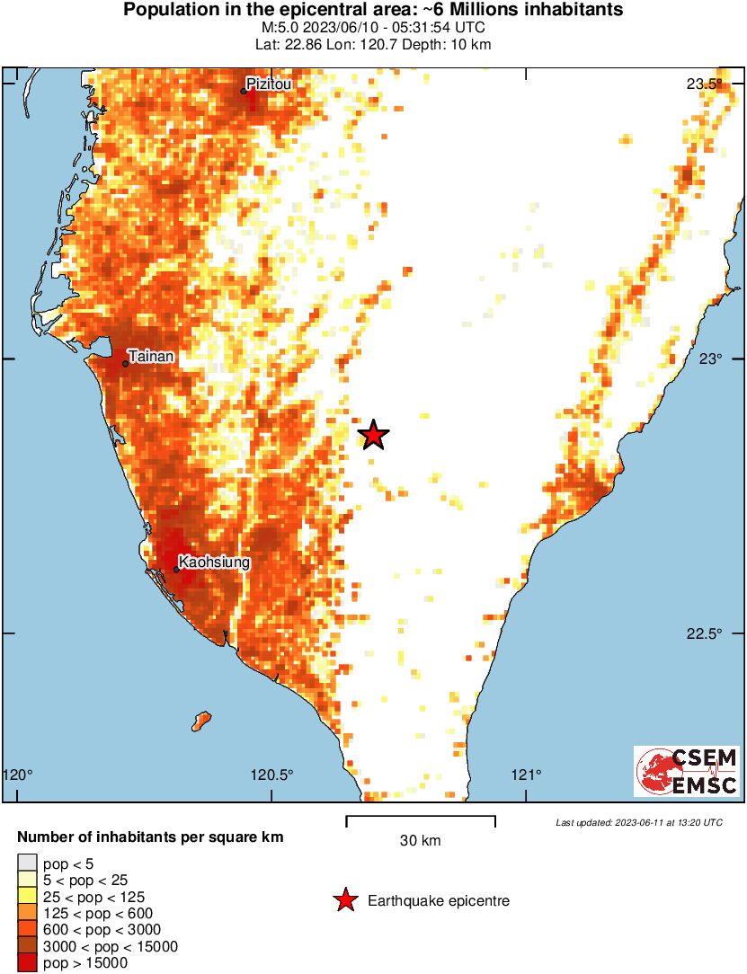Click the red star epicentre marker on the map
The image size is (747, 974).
tap(373, 435)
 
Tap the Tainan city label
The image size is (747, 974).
tap(151, 357)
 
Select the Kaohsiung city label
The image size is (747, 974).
tap(214, 562)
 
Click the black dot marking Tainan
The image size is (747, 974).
tap(125, 363)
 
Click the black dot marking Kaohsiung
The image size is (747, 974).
tap(176, 569)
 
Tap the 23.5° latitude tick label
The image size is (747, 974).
tap(704, 84)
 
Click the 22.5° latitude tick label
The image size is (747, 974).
tap(704, 633)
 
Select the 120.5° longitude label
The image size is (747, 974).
tap(271, 775)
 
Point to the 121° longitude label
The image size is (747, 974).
tap(527, 775)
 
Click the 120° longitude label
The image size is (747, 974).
tap(19, 775)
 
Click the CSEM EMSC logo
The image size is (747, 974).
tap(687, 771)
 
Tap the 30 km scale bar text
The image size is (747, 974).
tap(420, 841)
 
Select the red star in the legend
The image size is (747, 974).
tap(344, 900)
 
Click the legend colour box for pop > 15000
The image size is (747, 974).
tap(27, 963)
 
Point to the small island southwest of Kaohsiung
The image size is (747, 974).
tap(202, 719)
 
